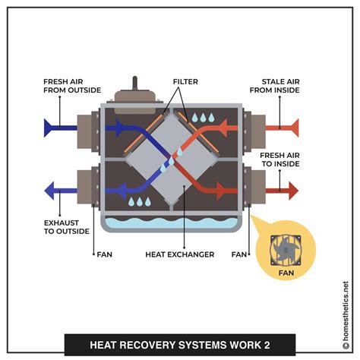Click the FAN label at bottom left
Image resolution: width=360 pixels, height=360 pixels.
[105, 254]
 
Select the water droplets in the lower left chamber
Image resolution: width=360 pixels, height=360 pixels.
[139, 201]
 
